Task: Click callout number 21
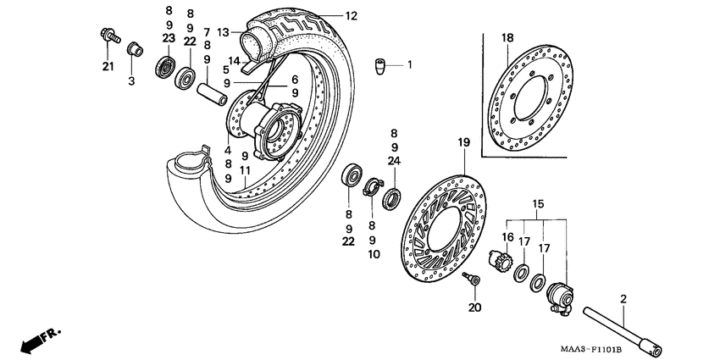coord(108,68)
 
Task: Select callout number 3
coord(131,80)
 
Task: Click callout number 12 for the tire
coord(352,15)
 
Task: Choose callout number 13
coord(224,32)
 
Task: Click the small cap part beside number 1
coord(382,65)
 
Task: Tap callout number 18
coord(507,38)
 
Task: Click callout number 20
coord(474,307)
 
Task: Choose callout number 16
coord(508,238)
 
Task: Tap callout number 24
coord(394,160)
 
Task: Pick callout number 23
coord(169,38)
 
